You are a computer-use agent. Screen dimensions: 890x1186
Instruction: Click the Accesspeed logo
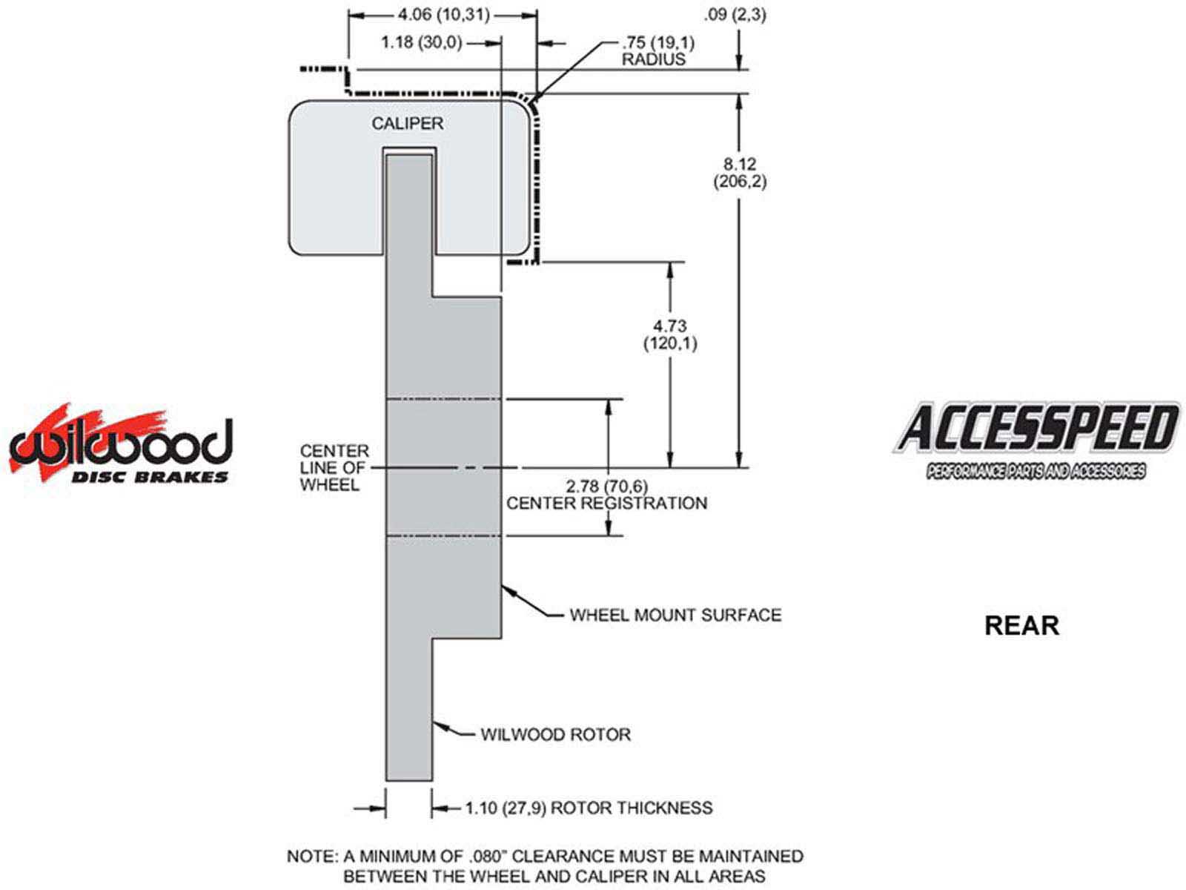1036,439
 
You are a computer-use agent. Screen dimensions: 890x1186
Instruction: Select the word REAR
1021,625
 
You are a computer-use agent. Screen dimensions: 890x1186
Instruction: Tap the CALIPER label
407,123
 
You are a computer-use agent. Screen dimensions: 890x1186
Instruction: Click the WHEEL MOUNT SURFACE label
675,615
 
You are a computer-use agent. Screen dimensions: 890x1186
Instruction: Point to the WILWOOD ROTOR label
556,734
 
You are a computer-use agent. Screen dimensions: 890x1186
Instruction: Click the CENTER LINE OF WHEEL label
334,467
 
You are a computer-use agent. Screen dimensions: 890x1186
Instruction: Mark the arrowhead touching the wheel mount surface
507,590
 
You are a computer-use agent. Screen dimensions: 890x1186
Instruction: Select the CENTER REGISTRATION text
606,504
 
